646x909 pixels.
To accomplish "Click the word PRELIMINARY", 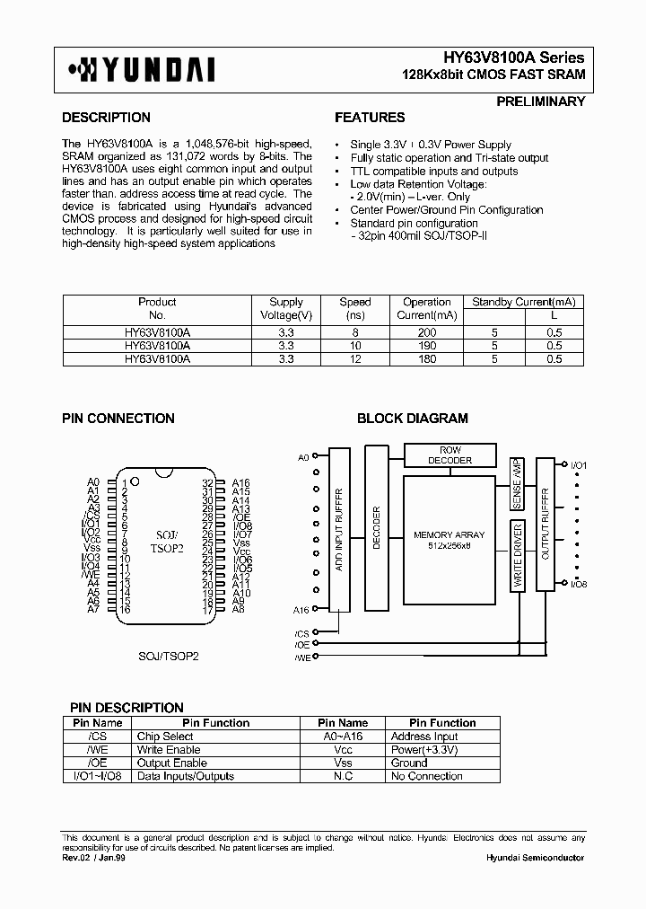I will (x=540, y=101).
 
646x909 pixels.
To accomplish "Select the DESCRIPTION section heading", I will (x=106, y=118).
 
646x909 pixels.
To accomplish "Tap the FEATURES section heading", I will (x=370, y=118).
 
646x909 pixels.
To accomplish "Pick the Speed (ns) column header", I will (x=355, y=308).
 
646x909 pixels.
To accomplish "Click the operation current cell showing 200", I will (x=427, y=332).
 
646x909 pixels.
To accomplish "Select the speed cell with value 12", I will (x=355, y=358).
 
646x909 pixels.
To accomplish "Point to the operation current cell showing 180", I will (x=427, y=358).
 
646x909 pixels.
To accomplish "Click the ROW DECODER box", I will (x=450, y=454).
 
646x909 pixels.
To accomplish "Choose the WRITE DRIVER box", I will (x=518, y=555).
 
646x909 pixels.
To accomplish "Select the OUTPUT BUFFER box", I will (x=545, y=524).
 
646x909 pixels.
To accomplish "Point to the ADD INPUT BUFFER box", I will (x=338, y=530).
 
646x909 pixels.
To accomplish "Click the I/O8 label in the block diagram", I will (x=578, y=585).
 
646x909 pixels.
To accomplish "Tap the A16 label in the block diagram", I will (x=302, y=610).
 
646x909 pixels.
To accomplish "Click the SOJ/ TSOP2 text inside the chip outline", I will (x=164, y=540).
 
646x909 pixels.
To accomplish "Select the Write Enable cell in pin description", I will (x=168, y=749).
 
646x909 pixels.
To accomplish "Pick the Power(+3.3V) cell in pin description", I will (x=424, y=749).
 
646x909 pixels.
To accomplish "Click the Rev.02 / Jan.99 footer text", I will (x=92, y=858).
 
